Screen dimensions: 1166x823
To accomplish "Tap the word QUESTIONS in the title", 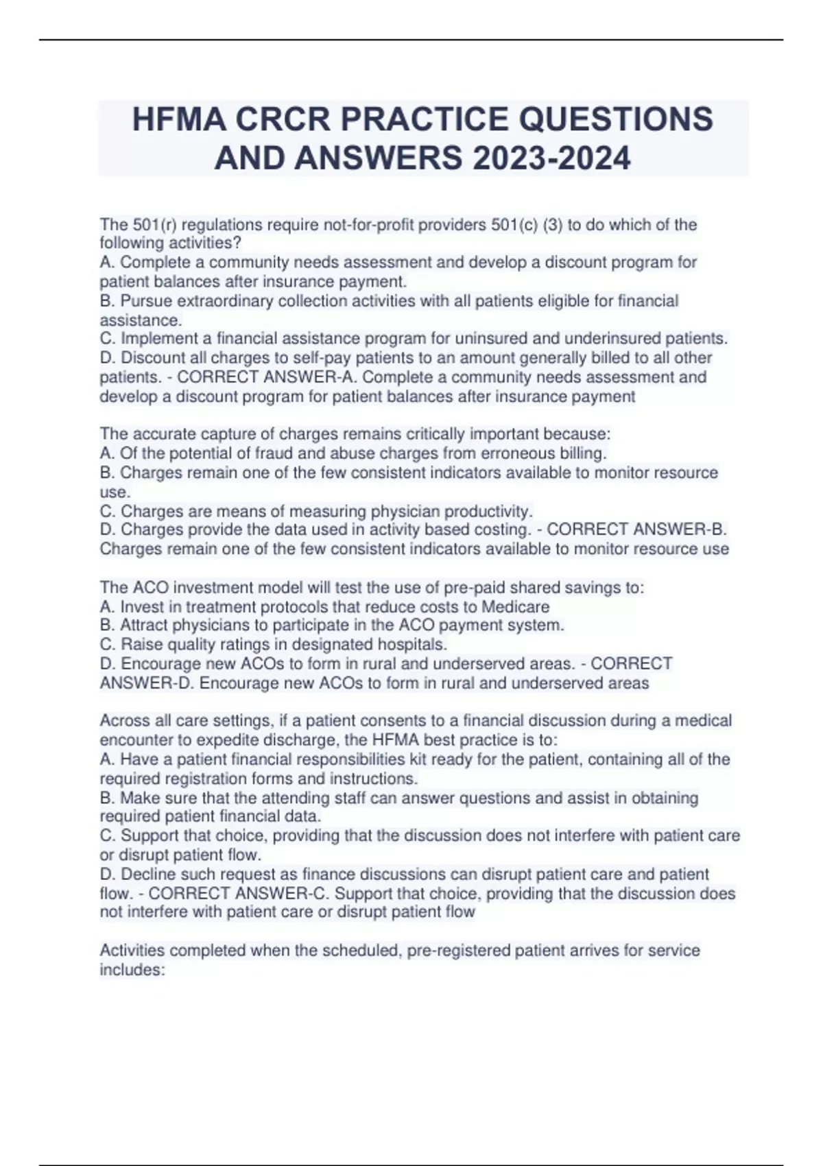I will (x=616, y=119).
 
